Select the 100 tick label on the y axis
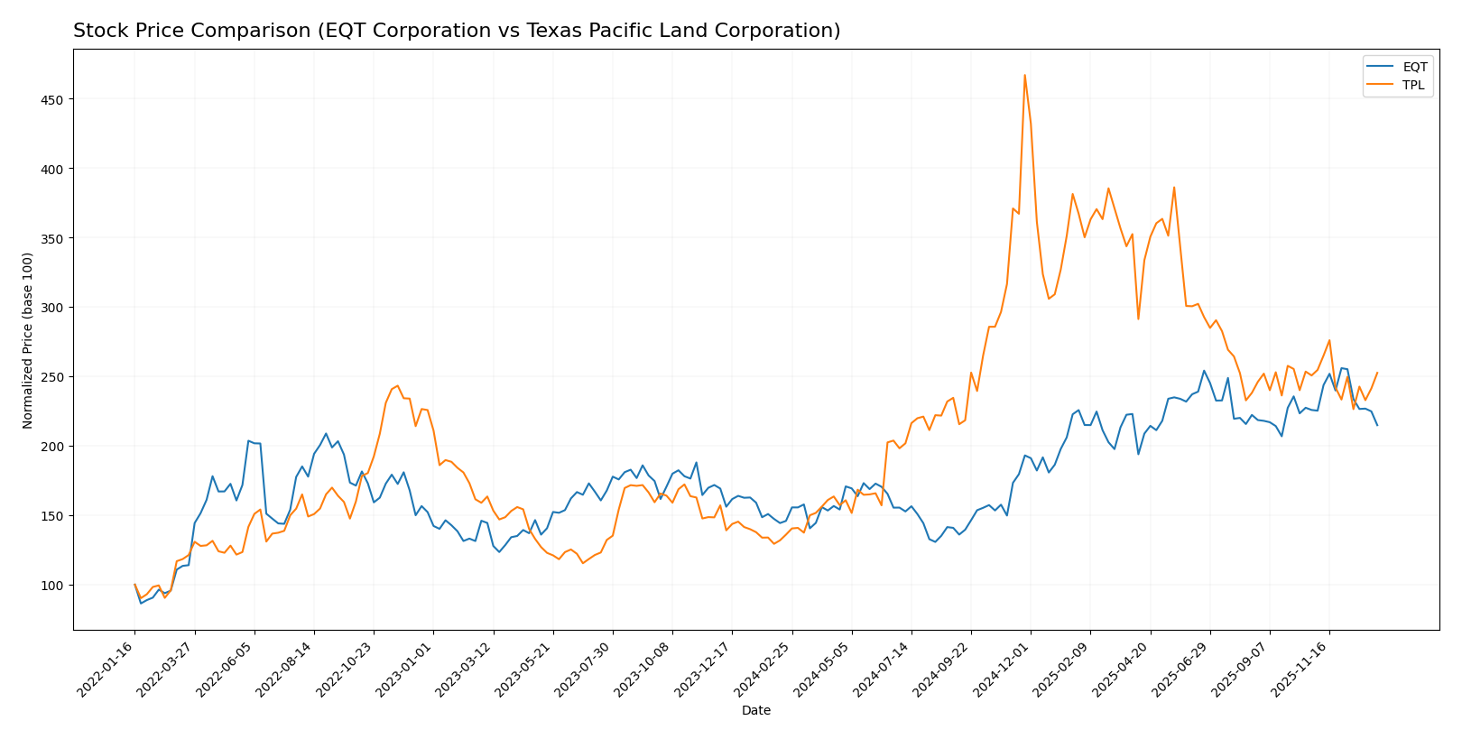pos(53,586)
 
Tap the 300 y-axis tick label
pos(53,308)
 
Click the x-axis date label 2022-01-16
pos(106,669)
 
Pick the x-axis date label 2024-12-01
pos(1002,669)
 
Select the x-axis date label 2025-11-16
pos(1300,669)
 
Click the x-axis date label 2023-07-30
pos(584,669)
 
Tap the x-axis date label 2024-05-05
pos(823,669)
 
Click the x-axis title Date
pos(755,711)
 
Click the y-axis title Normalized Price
pos(28,340)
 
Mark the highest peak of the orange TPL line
pos(1024,75)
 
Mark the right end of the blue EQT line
pos(1377,425)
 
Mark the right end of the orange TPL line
pos(1377,373)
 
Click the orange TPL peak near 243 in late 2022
pos(397,386)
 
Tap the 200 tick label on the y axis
pos(53,447)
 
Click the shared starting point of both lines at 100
pos(134,585)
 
